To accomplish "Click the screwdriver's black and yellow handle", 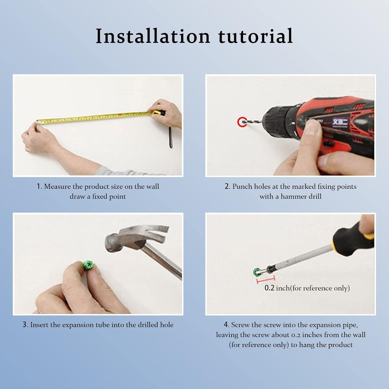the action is pos(354,235).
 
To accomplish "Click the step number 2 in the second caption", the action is pos(227,186).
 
